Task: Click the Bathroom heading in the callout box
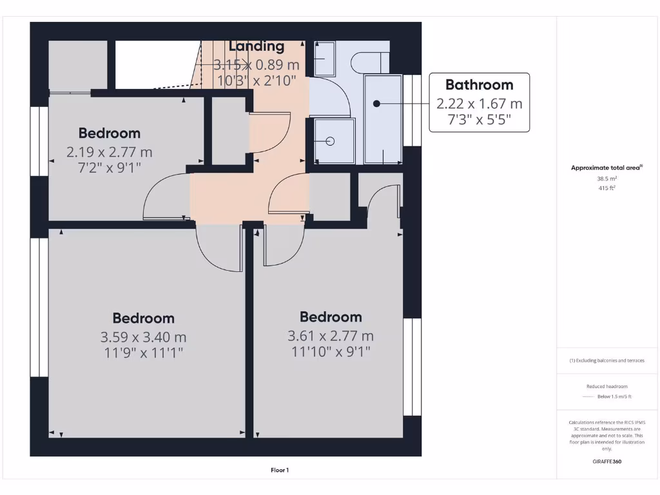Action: pos(479,84)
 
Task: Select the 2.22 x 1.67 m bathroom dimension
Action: pos(479,103)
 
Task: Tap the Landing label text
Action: pos(257,46)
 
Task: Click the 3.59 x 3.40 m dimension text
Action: pos(143,336)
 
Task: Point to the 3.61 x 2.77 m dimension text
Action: pos(330,336)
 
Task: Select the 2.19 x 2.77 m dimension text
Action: pos(109,152)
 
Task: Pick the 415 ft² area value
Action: pos(606,188)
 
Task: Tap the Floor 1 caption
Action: pos(279,471)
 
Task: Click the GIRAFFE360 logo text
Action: pos(607,461)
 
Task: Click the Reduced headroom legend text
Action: pos(606,386)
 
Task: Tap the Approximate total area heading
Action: pos(606,168)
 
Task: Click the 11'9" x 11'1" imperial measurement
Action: pos(143,353)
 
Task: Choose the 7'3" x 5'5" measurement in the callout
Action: pos(479,119)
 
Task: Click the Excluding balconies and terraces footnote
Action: pos(606,360)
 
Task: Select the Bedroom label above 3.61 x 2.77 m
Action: pos(330,317)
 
